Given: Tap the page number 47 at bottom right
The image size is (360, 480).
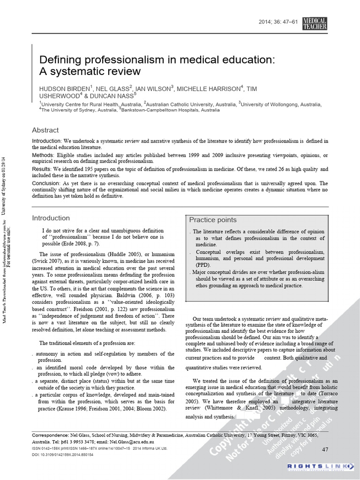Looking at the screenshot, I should click(x=325, y=450).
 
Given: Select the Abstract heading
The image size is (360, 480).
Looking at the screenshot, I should click(x=45, y=130).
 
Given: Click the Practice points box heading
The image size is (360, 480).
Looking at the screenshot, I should click(x=213, y=220).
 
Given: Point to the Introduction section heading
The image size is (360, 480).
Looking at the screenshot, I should click(x=51, y=218).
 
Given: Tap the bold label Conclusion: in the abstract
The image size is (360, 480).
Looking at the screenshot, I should click(x=46, y=183).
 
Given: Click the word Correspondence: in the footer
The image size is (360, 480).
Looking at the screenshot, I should click(x=50, y=435).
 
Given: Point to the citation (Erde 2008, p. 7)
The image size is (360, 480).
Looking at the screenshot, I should click(x=75, y=244).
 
